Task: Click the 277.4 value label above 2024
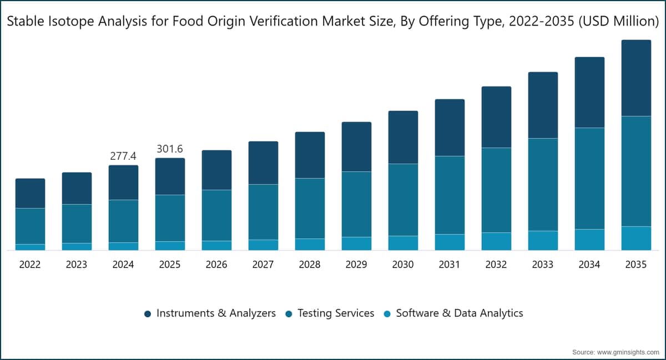(x=123, y=156)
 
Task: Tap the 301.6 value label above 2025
(x=170, y=149)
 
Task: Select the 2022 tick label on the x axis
(x=30, y=264)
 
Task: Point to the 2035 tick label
(x=636, y=264)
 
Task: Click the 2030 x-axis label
(x=403, y=264)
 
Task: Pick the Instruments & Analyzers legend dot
(x=148, y=313)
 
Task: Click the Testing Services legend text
(x=336, y=313)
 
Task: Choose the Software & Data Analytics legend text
(x=460, y=313)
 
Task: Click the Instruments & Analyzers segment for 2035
(x=636, y=78)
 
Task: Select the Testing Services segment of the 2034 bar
(x=589, y=179)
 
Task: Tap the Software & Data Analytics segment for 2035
(x=636, y=238)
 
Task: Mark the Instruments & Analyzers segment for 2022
(x=31, y=193)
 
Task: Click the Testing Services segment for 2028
(x=310, y=209)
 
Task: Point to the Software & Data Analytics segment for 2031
(x=450, y=242)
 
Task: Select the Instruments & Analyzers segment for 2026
(x=217, y=170)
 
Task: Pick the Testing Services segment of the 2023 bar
(x=77, y=224)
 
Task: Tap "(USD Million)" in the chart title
(x=618, y=22)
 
